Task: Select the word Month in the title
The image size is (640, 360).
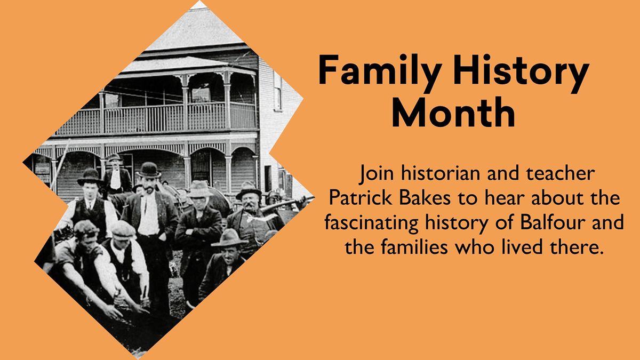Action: pos(453,112)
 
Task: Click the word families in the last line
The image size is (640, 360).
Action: pos(414,246)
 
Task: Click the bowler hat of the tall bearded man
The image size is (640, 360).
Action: pos(149,170)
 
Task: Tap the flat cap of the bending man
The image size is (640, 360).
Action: pos(123,230)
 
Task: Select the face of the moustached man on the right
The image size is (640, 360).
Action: pos(250,202)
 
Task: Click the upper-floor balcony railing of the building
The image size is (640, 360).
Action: pos(156,118)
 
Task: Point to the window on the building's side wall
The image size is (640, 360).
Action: pos(277,91)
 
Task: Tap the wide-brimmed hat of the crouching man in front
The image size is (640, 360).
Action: pos(229,238)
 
